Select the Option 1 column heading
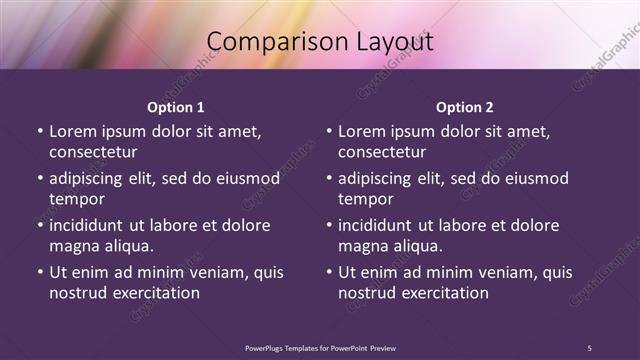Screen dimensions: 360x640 (176, 107)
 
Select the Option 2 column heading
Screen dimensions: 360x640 (465, 107)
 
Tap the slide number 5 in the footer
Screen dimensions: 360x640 (589, 347)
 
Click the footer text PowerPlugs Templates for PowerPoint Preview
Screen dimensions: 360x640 (320, 347)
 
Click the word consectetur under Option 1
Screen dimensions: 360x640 (93, 153)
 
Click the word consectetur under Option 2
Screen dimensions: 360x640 (382, 153)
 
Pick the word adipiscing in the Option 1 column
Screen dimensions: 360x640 (91, 179)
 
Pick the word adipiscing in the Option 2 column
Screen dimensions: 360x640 (380, 179)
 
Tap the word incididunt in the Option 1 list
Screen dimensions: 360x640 (92, 226)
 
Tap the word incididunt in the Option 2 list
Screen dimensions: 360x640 (381, 226)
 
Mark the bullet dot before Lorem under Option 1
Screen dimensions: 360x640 (39, 132)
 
